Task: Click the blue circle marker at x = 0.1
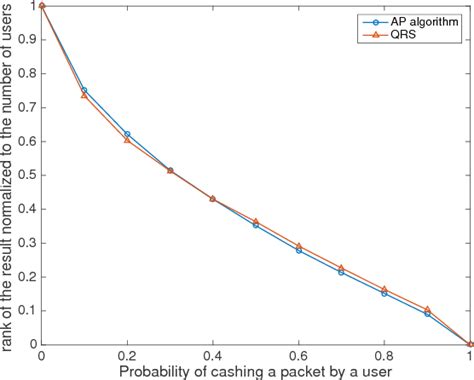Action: pos(84,90)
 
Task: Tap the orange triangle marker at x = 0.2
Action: pos(127,140)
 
